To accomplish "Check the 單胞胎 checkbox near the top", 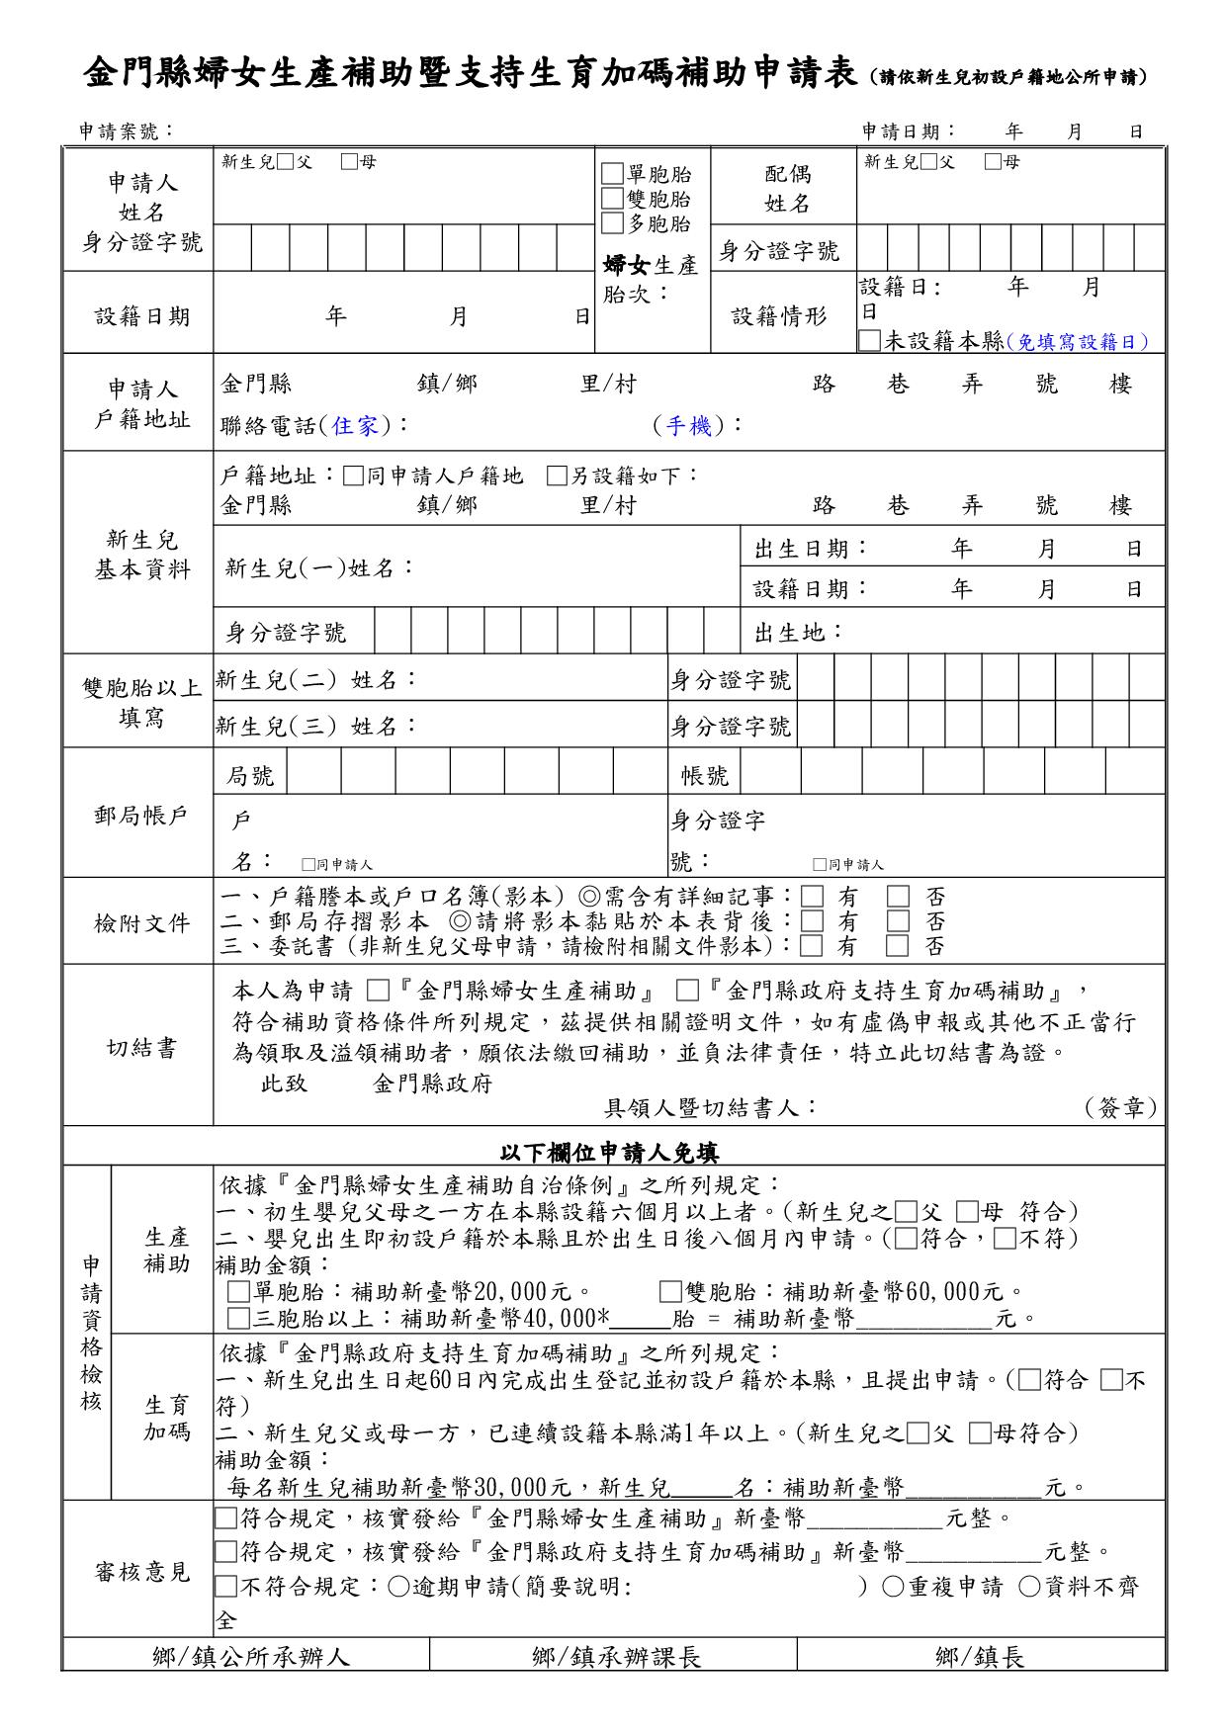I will click(613, 175).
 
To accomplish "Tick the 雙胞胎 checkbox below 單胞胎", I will click(613, 199).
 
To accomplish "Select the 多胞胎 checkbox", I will click(613, 222).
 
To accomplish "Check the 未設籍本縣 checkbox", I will click(869, 341).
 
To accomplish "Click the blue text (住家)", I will click(355, 426).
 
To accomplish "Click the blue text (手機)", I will click(688, 426).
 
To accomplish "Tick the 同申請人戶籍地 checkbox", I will click(354, 477).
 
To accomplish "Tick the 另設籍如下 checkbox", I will click(557, 477).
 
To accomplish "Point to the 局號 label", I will click(249, 776).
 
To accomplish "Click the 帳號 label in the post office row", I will click(704, 776).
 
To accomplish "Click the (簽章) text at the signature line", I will click(1119, 1108).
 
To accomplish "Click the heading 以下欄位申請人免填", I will click(609, 1153).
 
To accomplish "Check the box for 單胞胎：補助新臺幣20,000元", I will click(237, 1292).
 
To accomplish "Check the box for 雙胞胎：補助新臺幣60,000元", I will click(670, 1292).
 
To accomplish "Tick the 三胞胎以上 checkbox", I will click(237, 1318).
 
